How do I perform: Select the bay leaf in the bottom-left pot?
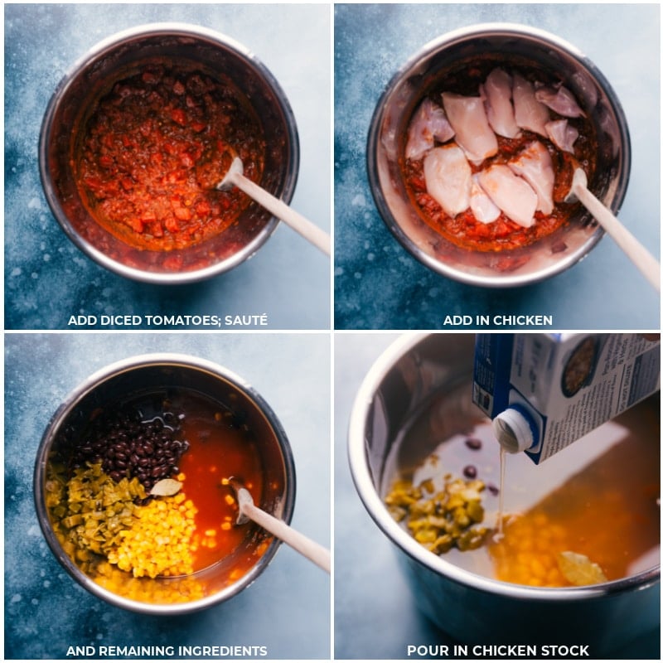pos(167,487)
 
